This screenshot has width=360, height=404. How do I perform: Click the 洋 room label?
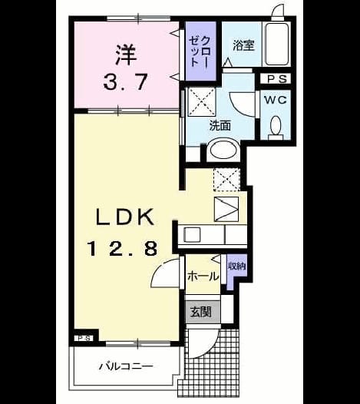(126, 55)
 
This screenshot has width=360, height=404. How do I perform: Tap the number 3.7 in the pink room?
(126, 81)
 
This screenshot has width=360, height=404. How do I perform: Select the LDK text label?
(125, 217)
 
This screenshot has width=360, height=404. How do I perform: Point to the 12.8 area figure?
(123, 248)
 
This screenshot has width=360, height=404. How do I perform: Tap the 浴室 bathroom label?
(243, 45)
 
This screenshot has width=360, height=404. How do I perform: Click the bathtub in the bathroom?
(277, 45)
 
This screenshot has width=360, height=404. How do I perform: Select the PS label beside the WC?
(277, 79)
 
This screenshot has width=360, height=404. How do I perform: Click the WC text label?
(276, 100)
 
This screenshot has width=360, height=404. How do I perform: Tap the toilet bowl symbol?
(276, 126)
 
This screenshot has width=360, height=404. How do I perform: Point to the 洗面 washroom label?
(220, 125)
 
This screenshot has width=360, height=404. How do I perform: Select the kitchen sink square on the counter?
(192, 235)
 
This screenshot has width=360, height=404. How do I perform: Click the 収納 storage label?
(236, 267)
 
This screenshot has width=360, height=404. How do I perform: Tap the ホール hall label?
(203, 277)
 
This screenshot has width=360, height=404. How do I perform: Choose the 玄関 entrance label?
(201, 312)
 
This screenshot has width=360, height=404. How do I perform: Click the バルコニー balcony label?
(126, 366)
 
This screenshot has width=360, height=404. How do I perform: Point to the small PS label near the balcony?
(84, 338)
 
